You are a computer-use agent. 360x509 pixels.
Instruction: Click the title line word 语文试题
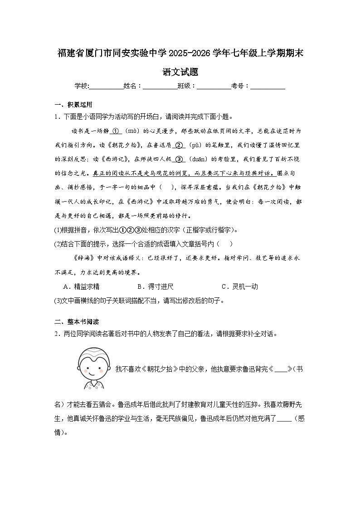(180, 72)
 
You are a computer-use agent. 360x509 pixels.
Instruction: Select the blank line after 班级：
(214, 86)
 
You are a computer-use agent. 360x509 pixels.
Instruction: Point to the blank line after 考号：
(268, 86)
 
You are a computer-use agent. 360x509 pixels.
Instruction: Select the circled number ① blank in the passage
(115, 131)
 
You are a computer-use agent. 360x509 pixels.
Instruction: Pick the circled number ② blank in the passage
(178, 145)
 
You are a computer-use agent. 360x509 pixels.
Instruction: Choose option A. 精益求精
(82, 286)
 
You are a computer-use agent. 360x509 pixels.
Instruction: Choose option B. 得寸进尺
(155, 286)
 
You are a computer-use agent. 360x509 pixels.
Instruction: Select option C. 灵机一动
(239, 286)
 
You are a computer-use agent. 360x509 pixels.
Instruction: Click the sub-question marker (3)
(58, 301)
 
